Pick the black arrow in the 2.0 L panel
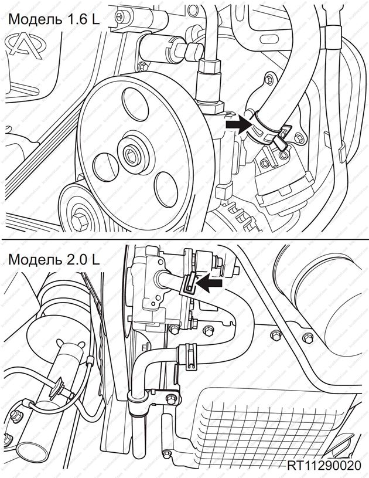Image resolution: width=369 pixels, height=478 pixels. (x=210, y=283)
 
